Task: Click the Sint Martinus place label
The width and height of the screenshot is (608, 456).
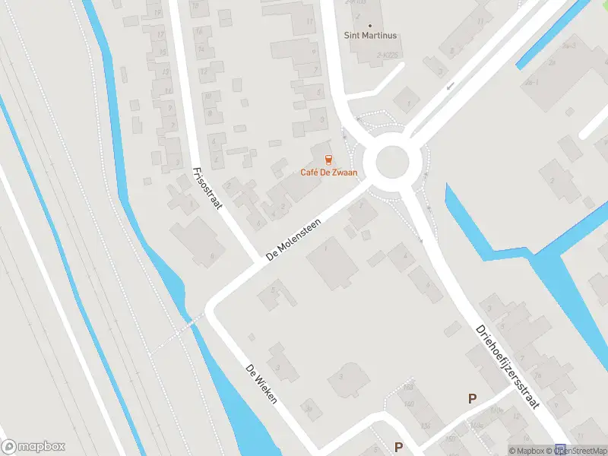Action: click(371, 36)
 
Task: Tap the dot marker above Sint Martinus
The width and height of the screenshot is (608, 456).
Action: click(370, 25)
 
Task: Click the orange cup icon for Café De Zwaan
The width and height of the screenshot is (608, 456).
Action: click(328, 160)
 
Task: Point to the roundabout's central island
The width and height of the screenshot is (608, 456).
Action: click(386, 163)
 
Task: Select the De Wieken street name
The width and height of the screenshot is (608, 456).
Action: click(260, 383)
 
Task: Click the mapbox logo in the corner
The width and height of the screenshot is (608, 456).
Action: click(33, 446)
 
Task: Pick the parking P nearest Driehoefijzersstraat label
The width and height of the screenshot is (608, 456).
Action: click(472, 398)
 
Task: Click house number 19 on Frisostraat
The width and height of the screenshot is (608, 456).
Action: click(157, 14)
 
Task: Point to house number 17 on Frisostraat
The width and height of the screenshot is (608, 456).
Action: click(160, 35)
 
